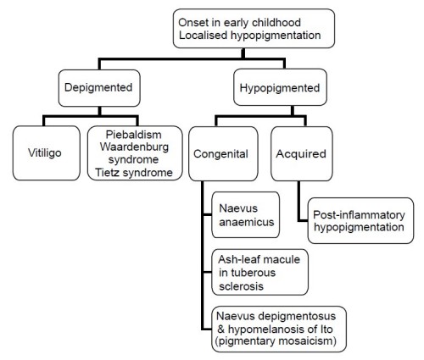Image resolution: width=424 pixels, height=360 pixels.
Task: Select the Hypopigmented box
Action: (x=281, y=87)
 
